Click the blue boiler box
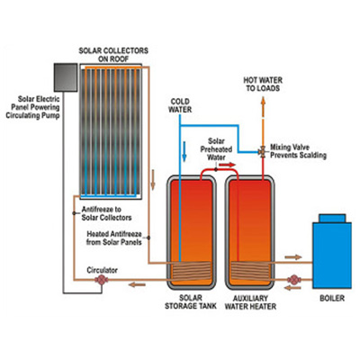[332, 255]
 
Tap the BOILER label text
[332, 298]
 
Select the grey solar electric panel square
[66, 77]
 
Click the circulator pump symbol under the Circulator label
[102, 280]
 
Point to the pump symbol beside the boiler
[294, 280]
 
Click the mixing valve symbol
[263, 152]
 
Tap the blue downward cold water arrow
[184, 151]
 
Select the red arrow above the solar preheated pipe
[227, 165]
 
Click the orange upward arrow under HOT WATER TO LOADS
[263, 106]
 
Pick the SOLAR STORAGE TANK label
[191, 302]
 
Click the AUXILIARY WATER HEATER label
[250, 302]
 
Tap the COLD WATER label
[180, 105]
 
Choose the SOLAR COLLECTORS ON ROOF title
[113, 55]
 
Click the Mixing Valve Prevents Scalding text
[298, 151]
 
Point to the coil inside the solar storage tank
[191, 271]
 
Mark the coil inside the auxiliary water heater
[250, 271]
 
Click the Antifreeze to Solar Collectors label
[106, 213]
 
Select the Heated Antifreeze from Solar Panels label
[114, 238]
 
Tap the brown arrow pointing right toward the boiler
[293, 257]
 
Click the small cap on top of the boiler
[332, 218]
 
